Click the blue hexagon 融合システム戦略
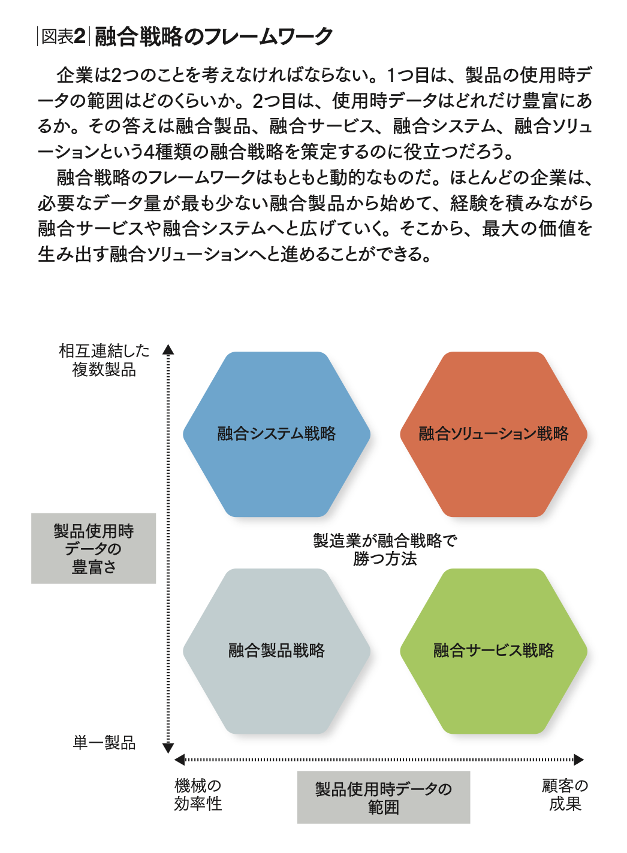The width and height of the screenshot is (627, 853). point(276,434)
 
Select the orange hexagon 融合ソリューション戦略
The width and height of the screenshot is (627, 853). point(493,434)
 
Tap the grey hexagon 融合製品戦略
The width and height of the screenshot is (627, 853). point(276,651)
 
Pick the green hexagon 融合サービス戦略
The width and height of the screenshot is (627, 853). point(493,651)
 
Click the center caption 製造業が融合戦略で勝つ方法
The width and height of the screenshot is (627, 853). point(385,549)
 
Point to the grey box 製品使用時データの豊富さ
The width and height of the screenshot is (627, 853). point(94,548)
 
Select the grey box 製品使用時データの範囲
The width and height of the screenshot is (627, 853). point(384,797)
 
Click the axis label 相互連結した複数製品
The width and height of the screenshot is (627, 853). point(104,360)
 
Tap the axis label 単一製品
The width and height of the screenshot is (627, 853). point(104,743)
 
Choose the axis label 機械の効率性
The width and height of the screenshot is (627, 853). point(198,795)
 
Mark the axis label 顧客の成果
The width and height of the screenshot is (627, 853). point(565,795)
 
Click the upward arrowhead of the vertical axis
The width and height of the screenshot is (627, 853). point(168,350)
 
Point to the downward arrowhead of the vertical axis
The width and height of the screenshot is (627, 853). point(168,749)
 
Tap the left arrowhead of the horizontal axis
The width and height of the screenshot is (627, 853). point(179,760)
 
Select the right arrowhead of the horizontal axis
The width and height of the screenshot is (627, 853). point(578,760)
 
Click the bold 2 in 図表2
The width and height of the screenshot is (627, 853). point(79,37)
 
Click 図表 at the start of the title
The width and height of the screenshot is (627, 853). point(57,37)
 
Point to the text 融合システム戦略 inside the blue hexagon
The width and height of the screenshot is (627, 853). point(276,434)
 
